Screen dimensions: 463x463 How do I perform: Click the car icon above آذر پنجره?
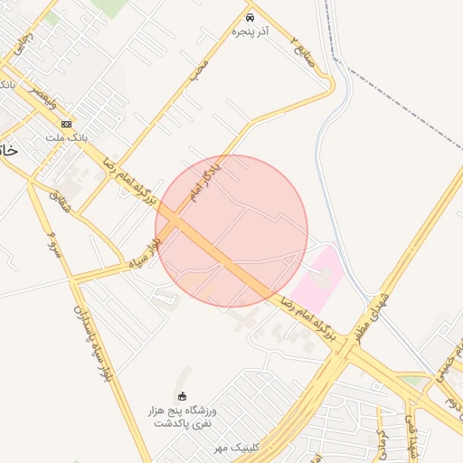click(250, 17)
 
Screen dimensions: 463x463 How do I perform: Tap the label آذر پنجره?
click(250, 32)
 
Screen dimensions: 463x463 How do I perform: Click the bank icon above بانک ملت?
click(66, 124)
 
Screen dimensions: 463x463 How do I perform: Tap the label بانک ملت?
click(65, 137)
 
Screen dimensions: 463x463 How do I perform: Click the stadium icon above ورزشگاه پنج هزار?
click(182, 396)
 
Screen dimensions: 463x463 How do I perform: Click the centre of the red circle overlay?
click(231, 231)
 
